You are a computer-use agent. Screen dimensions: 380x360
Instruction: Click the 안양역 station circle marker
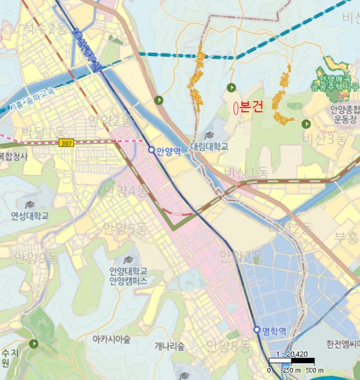coord(151,149)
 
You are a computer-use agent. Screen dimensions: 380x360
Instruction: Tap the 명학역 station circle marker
coord(256,330)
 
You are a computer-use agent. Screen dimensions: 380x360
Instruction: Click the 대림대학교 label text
coord(209,147)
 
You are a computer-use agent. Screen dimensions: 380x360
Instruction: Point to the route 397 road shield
coord(67,142)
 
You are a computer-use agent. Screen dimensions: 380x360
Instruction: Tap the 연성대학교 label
coord(30,216)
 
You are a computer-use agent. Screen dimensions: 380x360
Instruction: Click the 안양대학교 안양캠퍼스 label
coord(128,276)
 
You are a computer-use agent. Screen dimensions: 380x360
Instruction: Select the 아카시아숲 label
coord(111,339)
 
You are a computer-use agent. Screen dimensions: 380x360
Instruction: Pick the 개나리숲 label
coord(169,346)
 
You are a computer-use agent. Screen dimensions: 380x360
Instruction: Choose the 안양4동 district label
coord(125,190)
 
